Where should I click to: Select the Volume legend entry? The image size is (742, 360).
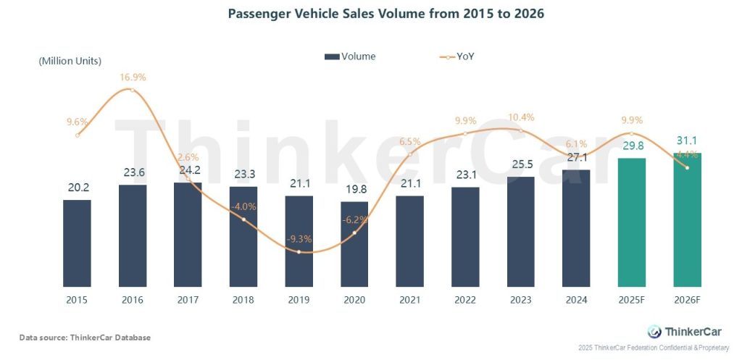coord(350,56)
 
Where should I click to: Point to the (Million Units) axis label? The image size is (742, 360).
coord(70,61)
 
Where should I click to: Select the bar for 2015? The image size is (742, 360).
coord(77,243)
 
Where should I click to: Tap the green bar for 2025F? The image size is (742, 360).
coord(631,222)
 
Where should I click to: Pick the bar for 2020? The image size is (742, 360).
coord(354,243)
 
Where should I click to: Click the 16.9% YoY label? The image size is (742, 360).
coord(132,76)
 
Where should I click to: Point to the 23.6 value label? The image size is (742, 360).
coord(133,172)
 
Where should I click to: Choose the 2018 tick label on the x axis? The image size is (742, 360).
coord(243,299)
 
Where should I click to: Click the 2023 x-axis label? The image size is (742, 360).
coord(520,299)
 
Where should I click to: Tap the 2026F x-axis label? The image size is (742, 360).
coord(687,299)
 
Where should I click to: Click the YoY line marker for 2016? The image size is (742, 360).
coord(132,90)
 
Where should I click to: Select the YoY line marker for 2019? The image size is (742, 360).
coord(299,251)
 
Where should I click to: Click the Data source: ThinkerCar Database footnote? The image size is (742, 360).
coord(85,337)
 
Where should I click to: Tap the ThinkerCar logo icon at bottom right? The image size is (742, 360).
coord(654,331)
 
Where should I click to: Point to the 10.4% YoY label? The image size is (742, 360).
coord(520,117)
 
